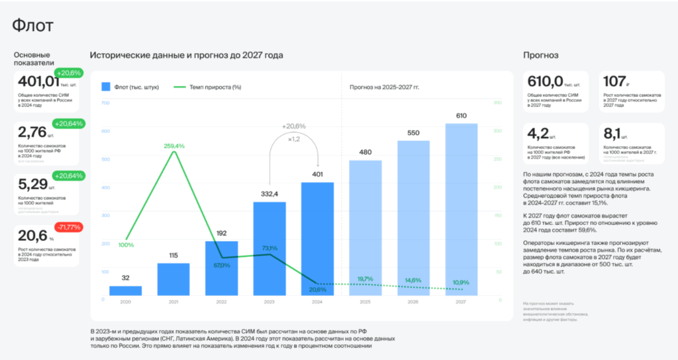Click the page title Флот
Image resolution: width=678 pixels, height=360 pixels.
[33, 26]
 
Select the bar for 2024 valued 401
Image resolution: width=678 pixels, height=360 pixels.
[317, 238]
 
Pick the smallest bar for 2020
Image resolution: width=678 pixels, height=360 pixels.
[125, 291]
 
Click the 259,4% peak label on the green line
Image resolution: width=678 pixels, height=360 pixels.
[173, 146]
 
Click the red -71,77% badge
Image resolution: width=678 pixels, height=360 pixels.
[68, 227]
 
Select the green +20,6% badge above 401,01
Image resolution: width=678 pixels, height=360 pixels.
[68, 73]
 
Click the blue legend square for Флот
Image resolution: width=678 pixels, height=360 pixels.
[106, 87]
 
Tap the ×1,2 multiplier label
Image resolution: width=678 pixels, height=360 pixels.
[293, 139]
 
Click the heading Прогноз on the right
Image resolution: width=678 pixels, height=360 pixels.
[541, 55]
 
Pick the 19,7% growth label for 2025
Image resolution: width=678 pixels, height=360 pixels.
[365, 279]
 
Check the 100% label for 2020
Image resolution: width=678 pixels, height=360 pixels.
[126, 245]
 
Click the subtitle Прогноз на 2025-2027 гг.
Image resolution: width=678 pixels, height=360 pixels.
[384, 87]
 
